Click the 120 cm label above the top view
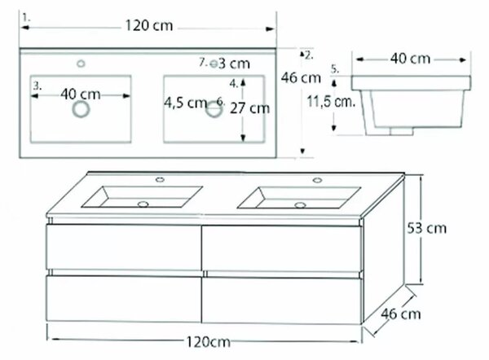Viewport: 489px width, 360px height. [x=149, y=25]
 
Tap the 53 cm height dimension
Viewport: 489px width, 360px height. [x=426, y=229]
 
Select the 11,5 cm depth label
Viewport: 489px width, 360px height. [x=331, y=101]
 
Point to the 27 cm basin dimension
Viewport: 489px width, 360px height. [x=250, y=108]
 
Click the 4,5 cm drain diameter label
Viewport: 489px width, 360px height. [x=186, y=103]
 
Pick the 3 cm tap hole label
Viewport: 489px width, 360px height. [x=234, y=64]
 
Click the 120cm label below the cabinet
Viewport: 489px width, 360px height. [x=209, y=342]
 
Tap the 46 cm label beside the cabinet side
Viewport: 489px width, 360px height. [x=401, y=314]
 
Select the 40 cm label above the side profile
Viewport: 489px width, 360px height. [x=411, y=59]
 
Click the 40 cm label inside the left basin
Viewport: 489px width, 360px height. [x=81, y=94]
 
